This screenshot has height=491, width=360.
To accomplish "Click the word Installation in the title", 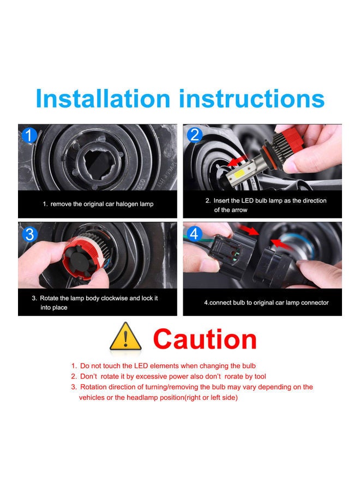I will point(103,99).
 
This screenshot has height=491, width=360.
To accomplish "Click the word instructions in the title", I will point(252,99).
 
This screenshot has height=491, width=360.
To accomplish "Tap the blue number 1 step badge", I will point(29,136).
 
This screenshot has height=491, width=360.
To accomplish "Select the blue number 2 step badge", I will point(195,135).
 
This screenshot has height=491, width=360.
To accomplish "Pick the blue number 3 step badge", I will point(29,234).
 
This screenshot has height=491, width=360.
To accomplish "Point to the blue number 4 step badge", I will point(195,234).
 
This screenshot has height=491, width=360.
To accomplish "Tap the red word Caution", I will point(205,339).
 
